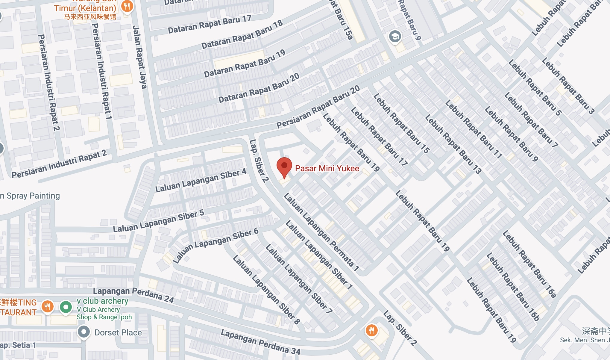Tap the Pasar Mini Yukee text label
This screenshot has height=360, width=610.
click(327, 168)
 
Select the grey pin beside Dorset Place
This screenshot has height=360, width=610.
click(84, 332)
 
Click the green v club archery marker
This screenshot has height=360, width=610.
click(66, 307)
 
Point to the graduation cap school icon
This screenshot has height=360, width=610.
click(395, 37)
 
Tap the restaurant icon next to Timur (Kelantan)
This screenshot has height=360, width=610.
click(127, 6)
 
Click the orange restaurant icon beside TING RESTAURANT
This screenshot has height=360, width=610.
click(47, 307)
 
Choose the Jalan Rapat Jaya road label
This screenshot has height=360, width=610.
click(140, 57)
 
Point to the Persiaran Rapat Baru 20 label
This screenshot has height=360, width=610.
click(318, 107)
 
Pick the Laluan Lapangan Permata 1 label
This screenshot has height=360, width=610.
click(321, 232)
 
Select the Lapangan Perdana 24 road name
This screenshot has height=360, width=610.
click(133, 295)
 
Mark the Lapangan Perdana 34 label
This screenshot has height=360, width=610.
click(260, 342)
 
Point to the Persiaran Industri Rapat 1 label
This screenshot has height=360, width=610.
click(101, 71)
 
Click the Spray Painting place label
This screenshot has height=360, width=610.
click(30, 196)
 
